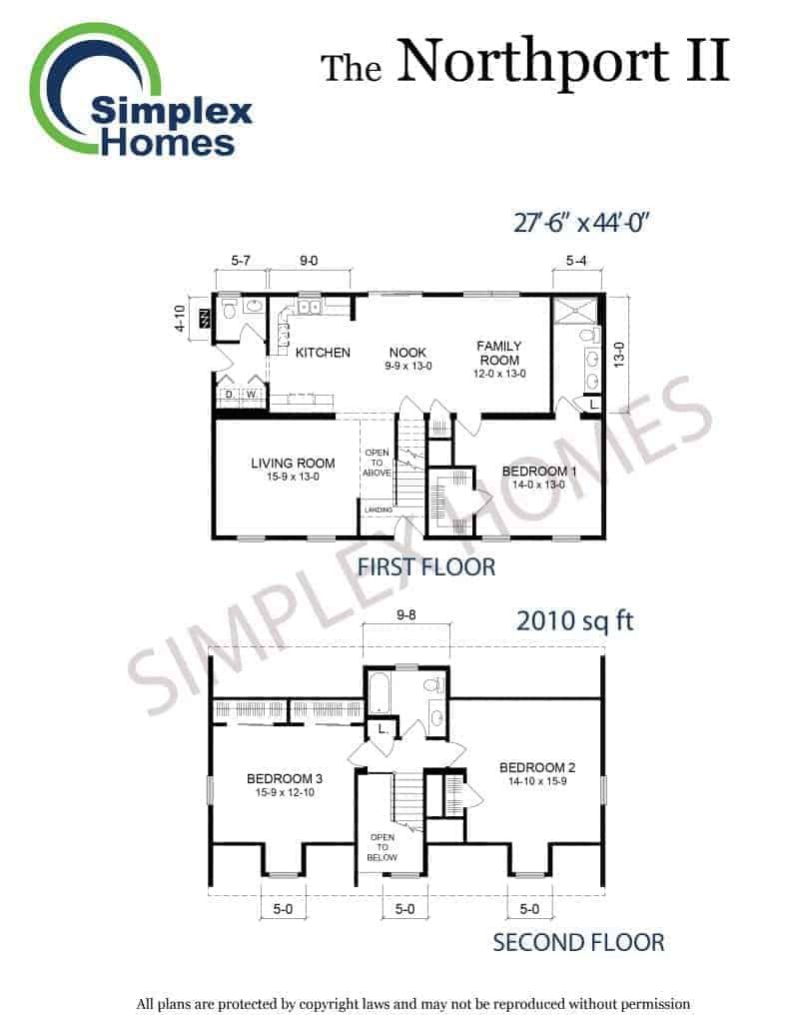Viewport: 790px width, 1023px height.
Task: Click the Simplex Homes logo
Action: (x=140, y=91)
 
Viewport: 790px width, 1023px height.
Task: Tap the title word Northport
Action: (x=533, y=61)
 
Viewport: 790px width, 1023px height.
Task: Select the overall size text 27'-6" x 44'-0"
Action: (x=580, y=223)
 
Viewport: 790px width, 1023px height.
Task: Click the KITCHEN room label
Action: (x=323, y=353)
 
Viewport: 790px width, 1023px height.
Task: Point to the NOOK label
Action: (x=407, y=353)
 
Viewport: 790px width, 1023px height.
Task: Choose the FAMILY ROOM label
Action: (x=499, y=353)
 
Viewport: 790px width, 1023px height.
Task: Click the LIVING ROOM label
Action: (x=293, y=464)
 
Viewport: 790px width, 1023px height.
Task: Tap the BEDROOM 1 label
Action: (x=539, y=472)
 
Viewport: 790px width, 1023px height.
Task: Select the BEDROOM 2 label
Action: (x=537, y=767)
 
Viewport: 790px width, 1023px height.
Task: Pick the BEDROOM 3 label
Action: (x=285, y=778)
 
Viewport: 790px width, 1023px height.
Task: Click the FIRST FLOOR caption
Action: (x=426, y=567)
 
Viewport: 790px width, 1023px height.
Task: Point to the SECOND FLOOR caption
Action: (x=578, y=943)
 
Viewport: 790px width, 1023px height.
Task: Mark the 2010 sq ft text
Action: (x=574, y=620)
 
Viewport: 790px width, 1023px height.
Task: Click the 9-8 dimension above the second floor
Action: (x=406, y=614)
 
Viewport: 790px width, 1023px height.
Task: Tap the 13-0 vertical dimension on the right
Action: (x=619, y=355)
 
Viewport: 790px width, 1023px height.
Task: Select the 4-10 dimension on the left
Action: (x=181, y=319)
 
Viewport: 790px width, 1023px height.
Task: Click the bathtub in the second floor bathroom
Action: (x=379, y=694)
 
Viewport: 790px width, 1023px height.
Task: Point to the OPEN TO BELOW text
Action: (x=383, y=847)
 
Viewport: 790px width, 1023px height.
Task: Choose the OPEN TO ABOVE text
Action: (x=378, y=463)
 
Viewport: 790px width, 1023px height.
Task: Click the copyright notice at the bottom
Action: (x=412, y=1004)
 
